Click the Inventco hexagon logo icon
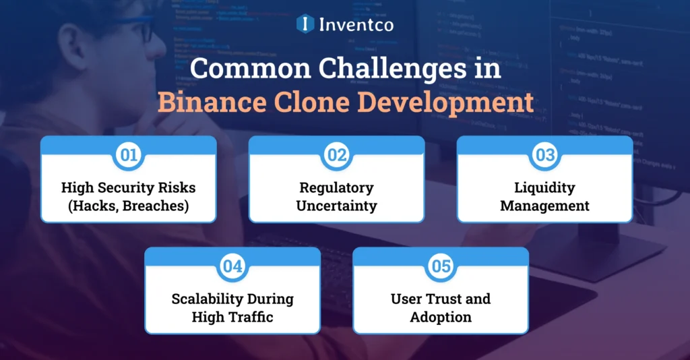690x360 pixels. click(x=305, y=24)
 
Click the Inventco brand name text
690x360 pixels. click(x=356, y=24)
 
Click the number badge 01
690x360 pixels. click(x=128, y=155)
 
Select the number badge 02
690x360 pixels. click(x=336, y=155)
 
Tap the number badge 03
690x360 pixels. click(x=544, y=155)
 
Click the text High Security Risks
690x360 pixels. click(x=128, y=187)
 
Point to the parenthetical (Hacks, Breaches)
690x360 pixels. click(x=128, y=206)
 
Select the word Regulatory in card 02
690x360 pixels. click(x=336, y=187)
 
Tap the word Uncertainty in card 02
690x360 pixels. click(x=336, y=206)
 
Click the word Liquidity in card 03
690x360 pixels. click(x=544, y=187)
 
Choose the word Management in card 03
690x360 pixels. click(x=544, y=206)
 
